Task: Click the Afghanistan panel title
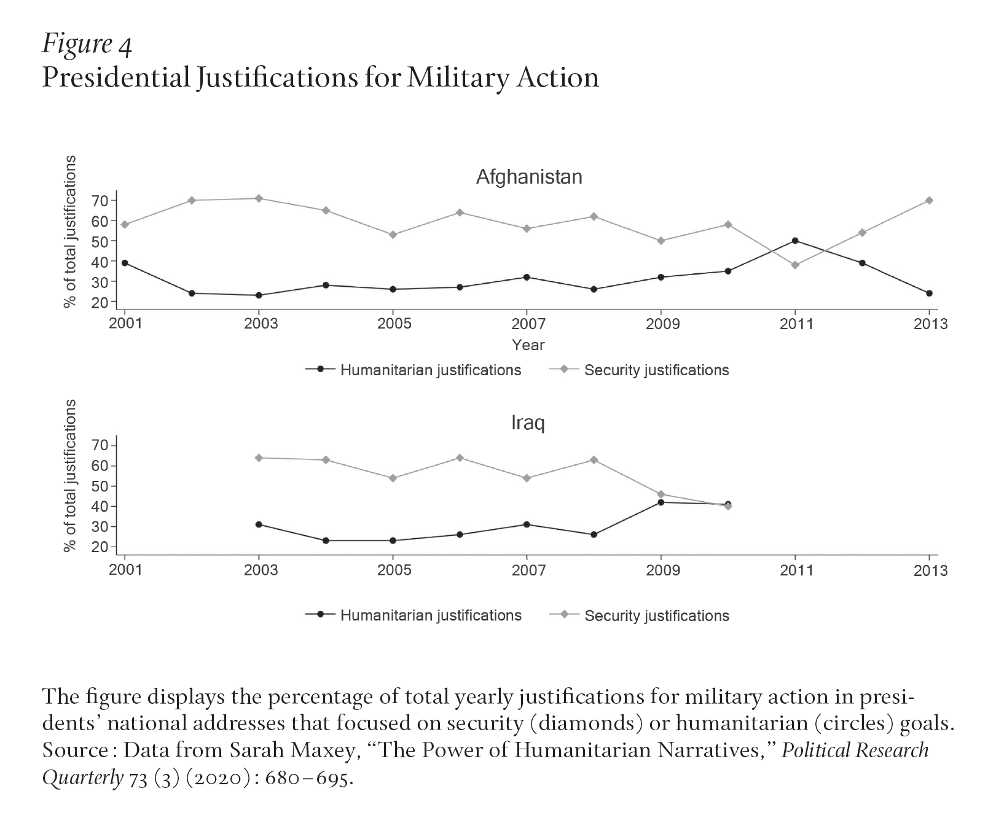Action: click(x=528, y=177)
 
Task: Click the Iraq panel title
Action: click(x=528, y=423)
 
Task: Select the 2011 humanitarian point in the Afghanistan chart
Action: click(x=795, y=241)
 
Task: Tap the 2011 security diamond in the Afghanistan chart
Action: click(x=795, y=265)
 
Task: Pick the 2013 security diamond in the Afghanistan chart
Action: click(x=929, y=200)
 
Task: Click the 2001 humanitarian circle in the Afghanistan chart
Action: click(x=125, y=263)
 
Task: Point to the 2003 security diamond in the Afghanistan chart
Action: click(x=259, y=198)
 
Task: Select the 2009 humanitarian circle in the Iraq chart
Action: click(x=661, y=502)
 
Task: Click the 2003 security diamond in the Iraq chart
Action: click(x=259, y=458)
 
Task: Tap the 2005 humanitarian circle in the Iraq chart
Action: click(x=393, y=540)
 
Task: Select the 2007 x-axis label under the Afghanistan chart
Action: click(x=528, y=324)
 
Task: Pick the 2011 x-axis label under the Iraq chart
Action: click(x=796, y=571)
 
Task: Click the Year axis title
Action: click(x=528, y=345)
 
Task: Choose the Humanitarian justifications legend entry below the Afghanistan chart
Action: click(x=430, y=370)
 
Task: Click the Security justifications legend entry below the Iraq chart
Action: click(x=656, y=616)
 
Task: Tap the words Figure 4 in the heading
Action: click(x=87, y=45)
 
